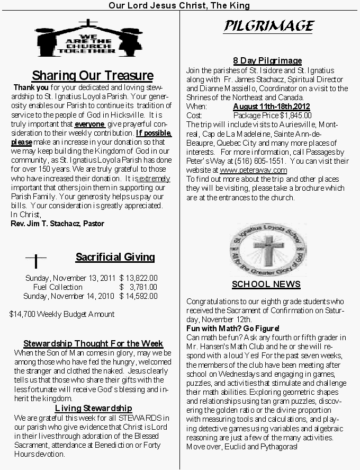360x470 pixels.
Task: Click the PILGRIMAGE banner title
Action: click(268, 25)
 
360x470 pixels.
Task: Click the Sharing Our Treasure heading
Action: click(93, 75)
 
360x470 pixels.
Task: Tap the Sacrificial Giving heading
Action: click(115, 258)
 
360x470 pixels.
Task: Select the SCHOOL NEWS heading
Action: click(266, 285)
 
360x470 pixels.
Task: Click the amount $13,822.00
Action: click(139, 278)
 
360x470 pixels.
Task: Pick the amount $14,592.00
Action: click(139, 296)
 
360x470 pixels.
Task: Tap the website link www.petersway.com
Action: click(253, 170)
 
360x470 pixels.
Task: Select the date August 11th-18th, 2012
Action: click(272, 107)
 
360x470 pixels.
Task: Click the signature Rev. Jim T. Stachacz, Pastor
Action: click(57, 224)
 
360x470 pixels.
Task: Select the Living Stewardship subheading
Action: click(93, 408)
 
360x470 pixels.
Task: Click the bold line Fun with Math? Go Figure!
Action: click(232, 329)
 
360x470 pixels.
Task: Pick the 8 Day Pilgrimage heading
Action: click(267, 61)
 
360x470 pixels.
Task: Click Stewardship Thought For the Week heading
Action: click(93, 344)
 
